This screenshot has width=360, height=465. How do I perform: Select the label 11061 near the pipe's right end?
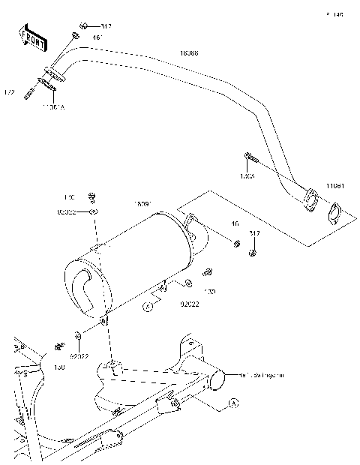point(335,184)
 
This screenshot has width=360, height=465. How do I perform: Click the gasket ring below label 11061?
point(334,214)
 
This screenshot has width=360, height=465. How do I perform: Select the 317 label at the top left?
point(106,26)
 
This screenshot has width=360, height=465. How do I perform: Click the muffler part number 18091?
point(143,203)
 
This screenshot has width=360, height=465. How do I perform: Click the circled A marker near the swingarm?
point(232,403)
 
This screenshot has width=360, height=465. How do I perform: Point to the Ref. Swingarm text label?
point(259,373)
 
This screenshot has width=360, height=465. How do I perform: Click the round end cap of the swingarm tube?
point(217,380)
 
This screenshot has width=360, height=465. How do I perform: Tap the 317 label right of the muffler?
point(254,234)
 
